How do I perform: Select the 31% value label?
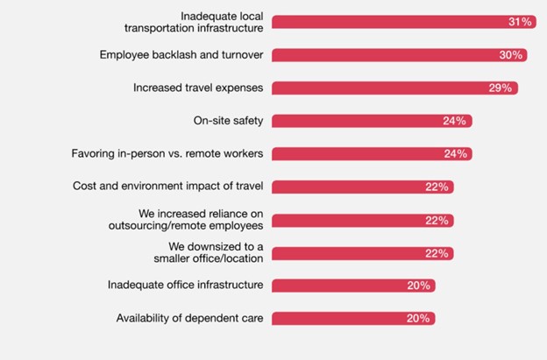click(520, 22)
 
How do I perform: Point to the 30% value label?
click(511, 55)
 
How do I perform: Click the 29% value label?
click(502, 88)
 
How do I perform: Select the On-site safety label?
click(230, 121)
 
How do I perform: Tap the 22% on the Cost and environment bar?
click(438, 187)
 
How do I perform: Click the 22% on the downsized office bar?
click(438, 252)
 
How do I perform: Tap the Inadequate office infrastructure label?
click(186, 286)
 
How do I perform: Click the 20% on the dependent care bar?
click(419, 318)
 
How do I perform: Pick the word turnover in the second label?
click(239, 55)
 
